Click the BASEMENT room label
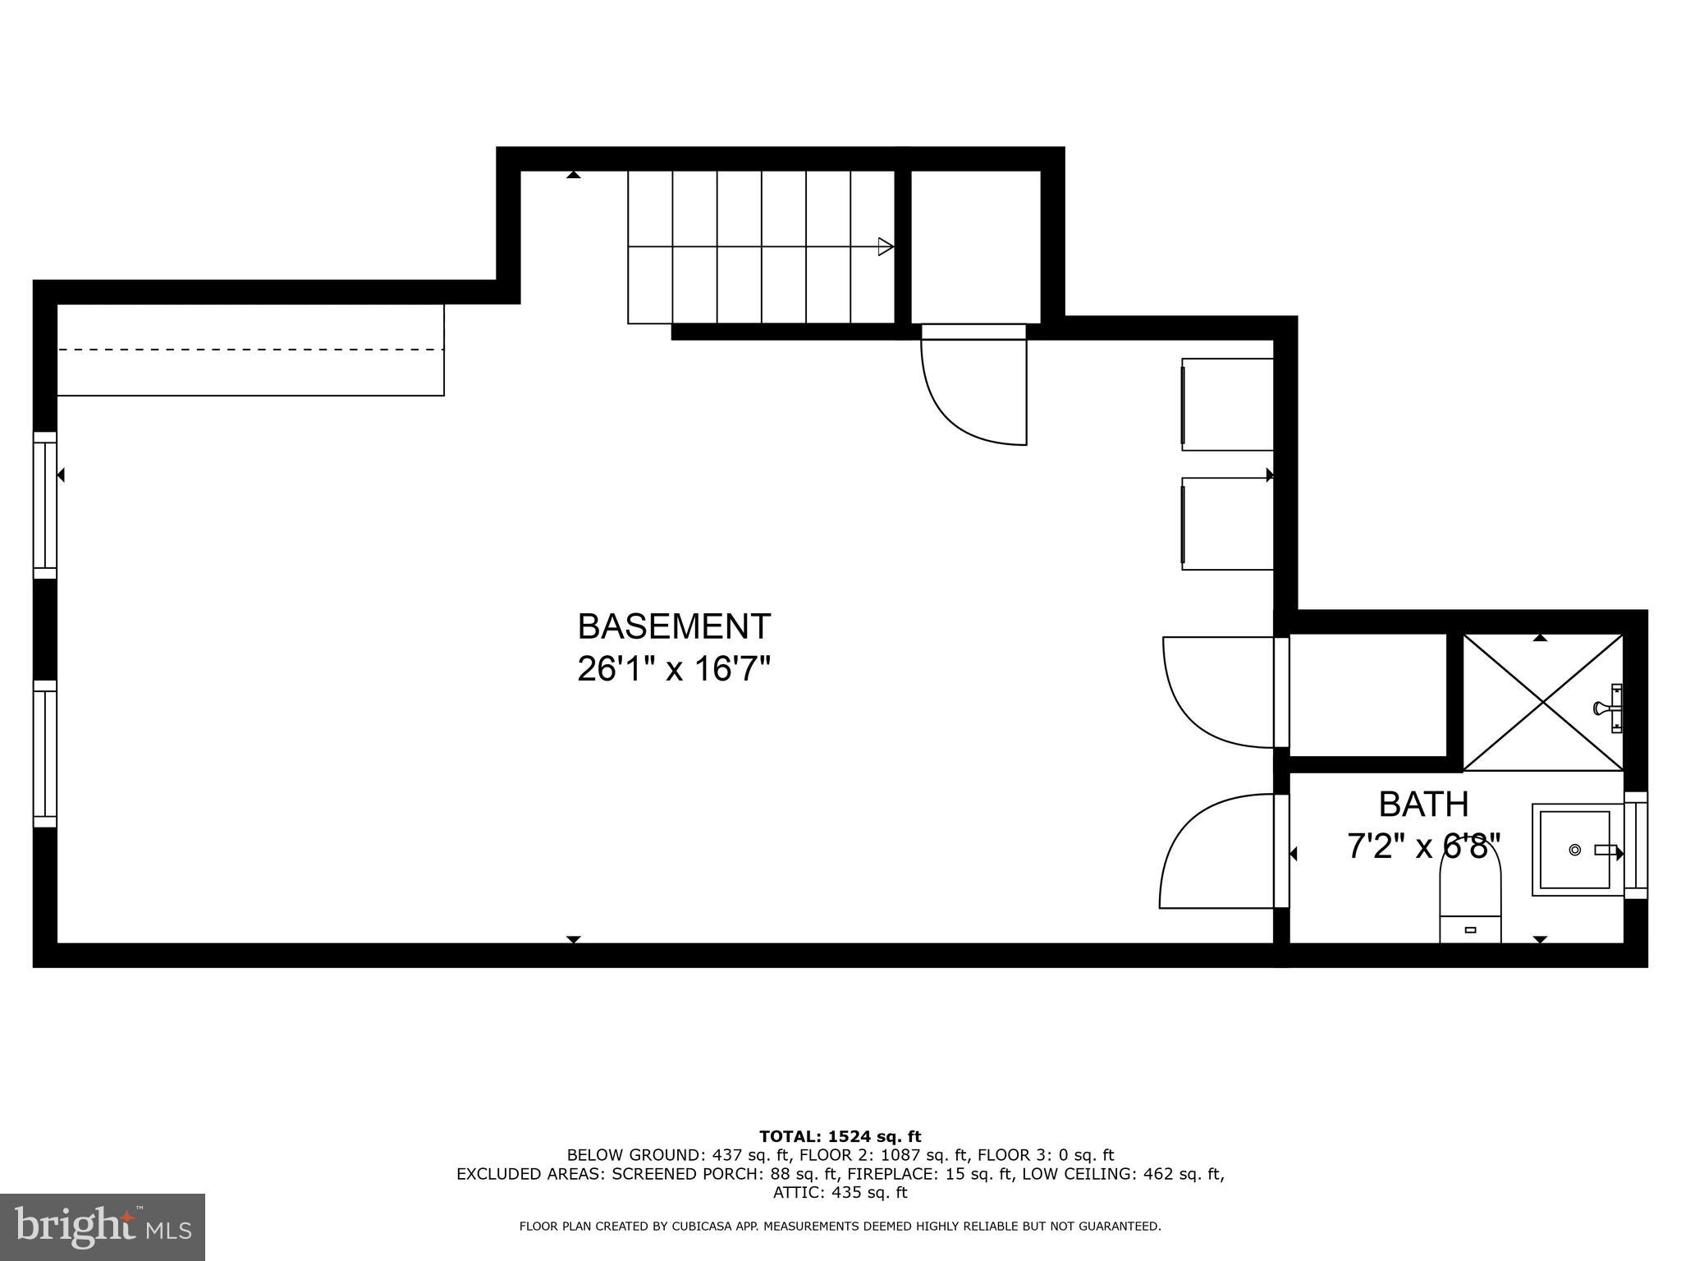pos(674,626)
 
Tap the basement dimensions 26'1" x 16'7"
pos(674,669)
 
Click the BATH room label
pos(1423,805)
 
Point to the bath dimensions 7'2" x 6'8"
pos(1423,846)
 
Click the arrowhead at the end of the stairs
pos(885,246)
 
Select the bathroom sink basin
pos(1574,850)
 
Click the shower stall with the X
pos(1543,702)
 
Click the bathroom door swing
pos(1215,854)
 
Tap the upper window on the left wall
pos(44,505)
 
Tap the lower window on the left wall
pos(44,754)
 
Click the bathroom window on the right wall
pos(1636,846)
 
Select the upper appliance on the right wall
pos(1227,405)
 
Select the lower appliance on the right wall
pos(1227,524)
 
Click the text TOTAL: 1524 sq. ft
pos(840,1137)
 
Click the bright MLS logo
pos(103,1227)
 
